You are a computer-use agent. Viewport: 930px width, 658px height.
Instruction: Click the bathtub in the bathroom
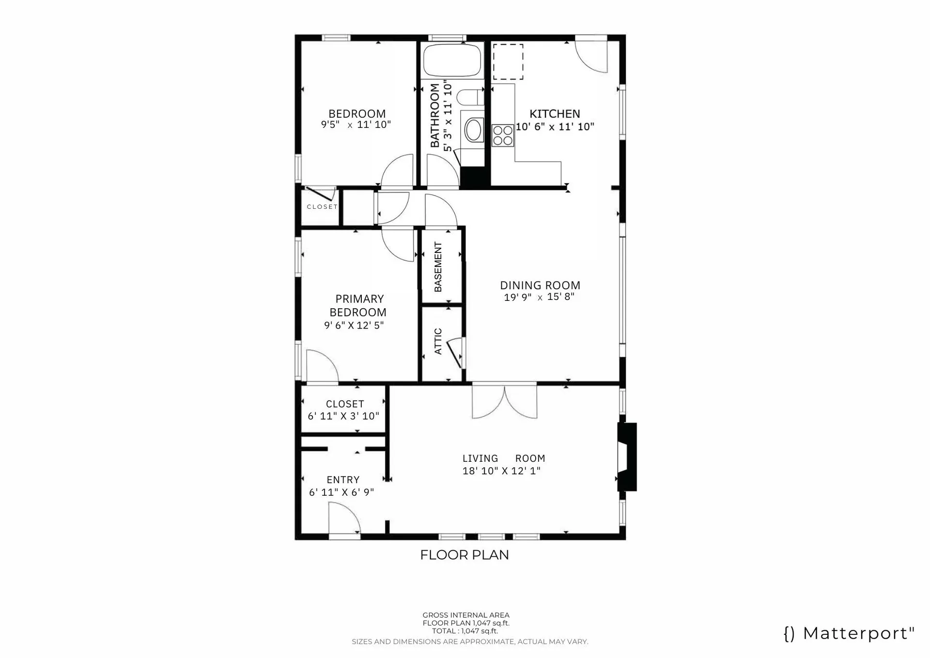pos(452,61)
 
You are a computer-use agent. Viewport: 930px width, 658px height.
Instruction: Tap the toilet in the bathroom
pos(470,97)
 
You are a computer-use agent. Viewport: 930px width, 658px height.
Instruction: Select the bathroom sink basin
pos(473,130)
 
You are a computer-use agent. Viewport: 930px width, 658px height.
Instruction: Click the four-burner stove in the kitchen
pos(503,135)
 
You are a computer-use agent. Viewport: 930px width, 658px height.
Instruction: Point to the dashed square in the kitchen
pos(508,62)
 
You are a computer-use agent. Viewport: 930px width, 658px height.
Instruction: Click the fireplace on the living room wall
pos(627,457)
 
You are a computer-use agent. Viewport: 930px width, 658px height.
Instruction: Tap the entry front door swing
pos(343,518)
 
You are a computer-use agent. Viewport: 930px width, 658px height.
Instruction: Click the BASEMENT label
pos(438,266)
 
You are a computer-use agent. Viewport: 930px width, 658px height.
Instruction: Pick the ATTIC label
pos(438,341)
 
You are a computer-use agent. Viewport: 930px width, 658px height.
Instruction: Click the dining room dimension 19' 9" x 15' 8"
pos(539,297)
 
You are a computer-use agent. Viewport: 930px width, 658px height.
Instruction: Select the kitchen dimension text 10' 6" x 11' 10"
pos(555,127)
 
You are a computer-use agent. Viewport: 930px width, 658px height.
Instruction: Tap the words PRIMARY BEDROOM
pos(358,305)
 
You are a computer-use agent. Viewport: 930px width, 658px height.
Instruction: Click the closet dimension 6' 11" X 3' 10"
pos(343,416)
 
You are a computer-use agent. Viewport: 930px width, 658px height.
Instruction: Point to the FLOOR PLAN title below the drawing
pos(465,555)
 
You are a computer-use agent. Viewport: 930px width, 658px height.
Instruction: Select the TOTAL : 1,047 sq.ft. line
pos(465,631)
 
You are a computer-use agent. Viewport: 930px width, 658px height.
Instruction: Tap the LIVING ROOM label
pos(503,458)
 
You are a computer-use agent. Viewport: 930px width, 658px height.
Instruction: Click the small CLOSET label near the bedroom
pos(322,206)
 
